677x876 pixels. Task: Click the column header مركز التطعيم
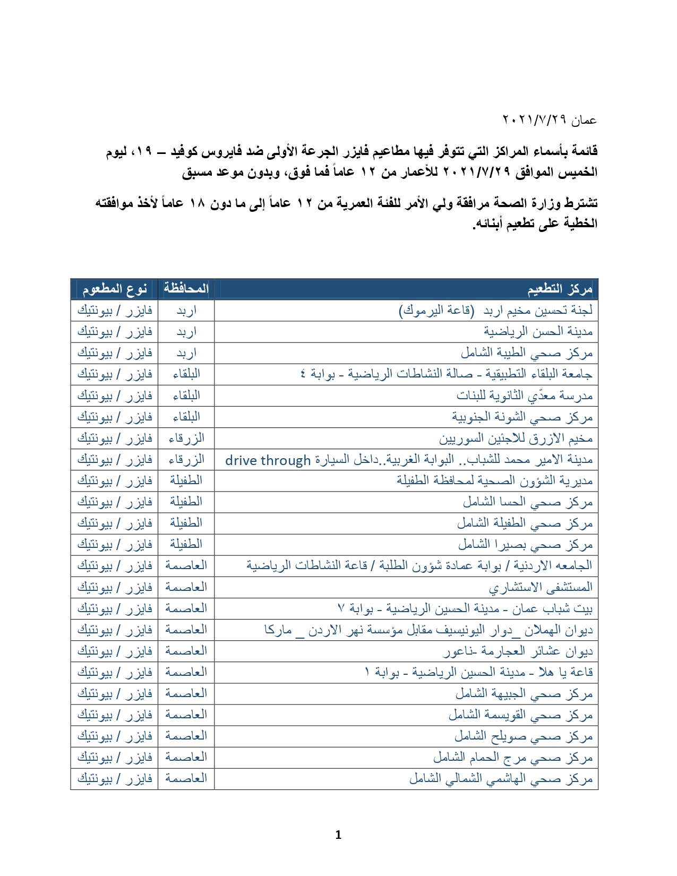560,289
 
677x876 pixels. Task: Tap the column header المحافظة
186,289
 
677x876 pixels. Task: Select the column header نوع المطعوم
114,289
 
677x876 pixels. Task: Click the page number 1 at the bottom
338,835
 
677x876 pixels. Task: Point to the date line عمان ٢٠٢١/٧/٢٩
550,121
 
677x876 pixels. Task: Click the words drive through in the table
268,460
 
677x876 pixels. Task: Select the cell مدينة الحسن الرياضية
537,332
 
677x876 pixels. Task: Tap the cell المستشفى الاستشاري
541,587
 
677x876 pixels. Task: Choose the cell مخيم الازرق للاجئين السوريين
516,439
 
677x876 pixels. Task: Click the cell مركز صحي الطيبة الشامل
526,353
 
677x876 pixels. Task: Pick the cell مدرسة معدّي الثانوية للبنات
524,396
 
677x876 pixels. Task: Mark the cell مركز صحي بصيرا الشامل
525,545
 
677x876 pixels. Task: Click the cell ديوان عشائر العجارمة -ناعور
518,651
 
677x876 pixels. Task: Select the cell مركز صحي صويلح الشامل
523,736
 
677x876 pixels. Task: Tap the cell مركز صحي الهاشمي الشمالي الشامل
501,779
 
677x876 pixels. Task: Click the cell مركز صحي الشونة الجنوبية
522,417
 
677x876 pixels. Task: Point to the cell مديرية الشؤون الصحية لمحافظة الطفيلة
494,481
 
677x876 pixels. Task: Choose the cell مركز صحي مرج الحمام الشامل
512,758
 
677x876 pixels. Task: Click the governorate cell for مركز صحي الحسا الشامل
186,502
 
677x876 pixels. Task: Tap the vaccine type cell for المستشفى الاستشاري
114,587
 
